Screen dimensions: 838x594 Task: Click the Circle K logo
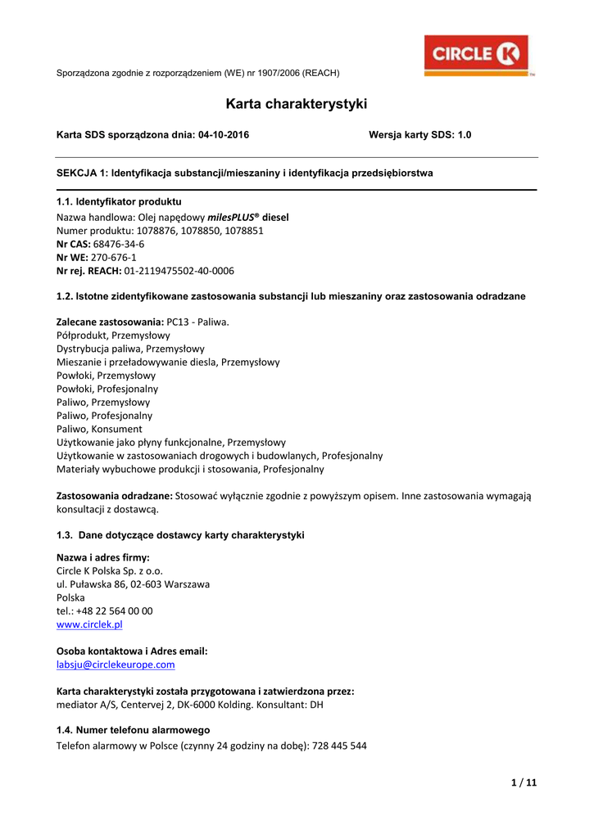476,56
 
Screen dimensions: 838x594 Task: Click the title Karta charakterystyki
297,104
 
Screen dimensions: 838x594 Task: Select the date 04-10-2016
224,134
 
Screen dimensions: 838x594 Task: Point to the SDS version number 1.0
463,134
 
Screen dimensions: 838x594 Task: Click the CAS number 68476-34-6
119,244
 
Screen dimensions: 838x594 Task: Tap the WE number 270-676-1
115,257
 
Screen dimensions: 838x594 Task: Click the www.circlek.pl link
89,624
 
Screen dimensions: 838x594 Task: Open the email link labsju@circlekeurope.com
116,665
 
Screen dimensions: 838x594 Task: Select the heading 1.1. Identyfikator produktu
119,201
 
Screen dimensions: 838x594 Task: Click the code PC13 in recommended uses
179,322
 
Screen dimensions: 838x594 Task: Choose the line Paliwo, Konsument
99,429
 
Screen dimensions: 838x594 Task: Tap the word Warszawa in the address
187,584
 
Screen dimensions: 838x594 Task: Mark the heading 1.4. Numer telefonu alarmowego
133,729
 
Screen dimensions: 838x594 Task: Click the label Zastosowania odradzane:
114,496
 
